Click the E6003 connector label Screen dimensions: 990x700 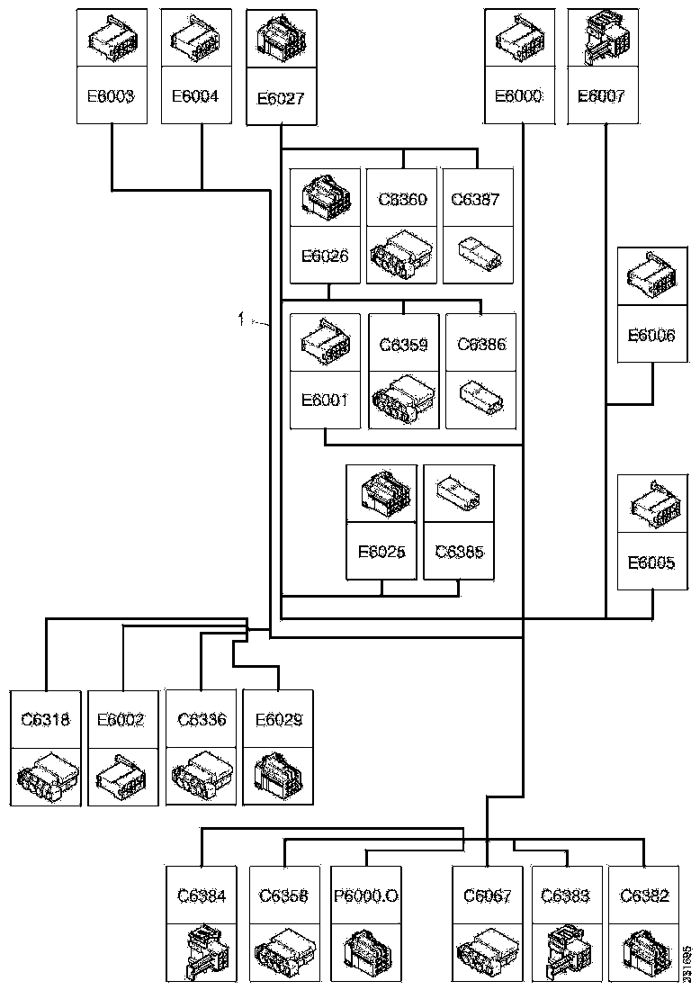(x=110, y=94)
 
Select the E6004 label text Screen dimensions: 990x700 (x=196, y=94)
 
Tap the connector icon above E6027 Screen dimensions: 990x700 (x=281, y=38)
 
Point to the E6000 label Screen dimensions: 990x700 (x=519, y=94)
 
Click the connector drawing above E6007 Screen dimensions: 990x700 (x=602, y=38)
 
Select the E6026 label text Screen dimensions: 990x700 (x=325, y=255)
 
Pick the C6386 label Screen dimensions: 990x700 (x=481, y=344)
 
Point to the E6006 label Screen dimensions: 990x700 (x=651, y=335)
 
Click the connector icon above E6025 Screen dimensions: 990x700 (x=381, y=491)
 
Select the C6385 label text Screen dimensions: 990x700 (x=459, y=551)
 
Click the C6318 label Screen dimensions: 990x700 (x=45, y=719)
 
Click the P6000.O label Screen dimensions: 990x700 (x=366, y=895)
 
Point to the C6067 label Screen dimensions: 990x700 (x=487, y=895)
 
